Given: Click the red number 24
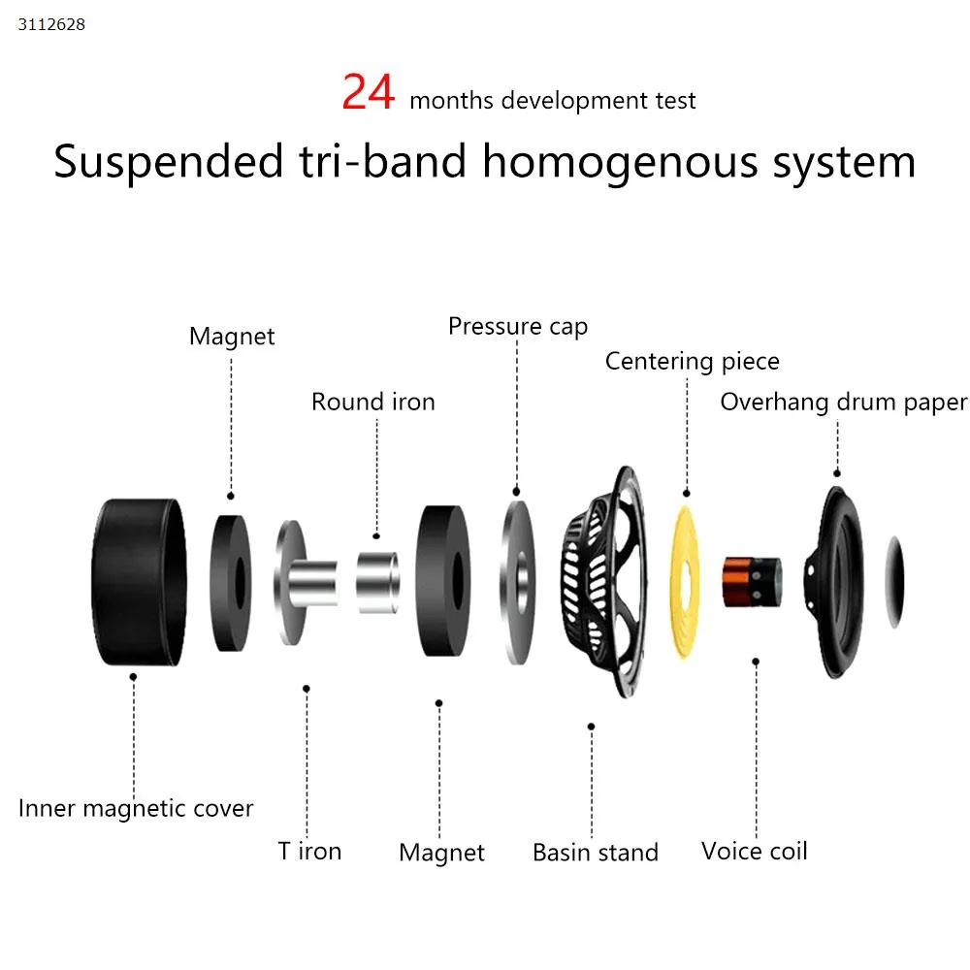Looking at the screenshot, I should (x=369, y=93).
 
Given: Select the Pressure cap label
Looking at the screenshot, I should (x=518, y=327).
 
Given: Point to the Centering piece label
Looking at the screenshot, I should (x=692, y=362).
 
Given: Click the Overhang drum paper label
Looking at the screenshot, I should (x=843, y=403).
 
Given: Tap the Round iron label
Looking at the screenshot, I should (x=373, y=402).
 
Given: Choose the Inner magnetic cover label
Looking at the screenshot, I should (x=136, y=808).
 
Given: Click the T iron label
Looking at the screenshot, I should (x=309, y=852).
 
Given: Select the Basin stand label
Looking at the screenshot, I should (x=596, y=854).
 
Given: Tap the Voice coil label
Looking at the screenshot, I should (x=754, y=852).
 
